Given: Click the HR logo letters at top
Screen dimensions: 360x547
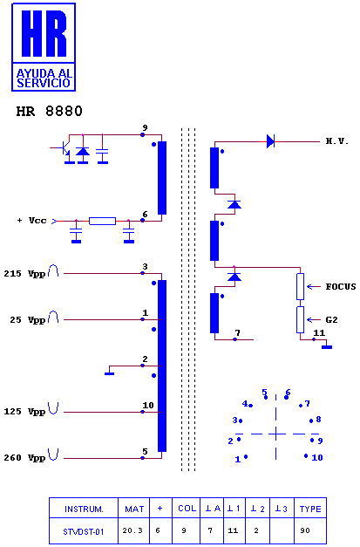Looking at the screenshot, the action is [44, 33].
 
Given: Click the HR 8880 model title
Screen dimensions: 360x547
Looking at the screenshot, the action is [49, 112].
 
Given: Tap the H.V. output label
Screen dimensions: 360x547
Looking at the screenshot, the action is [337, 141].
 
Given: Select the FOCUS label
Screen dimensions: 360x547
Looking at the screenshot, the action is [341, 287].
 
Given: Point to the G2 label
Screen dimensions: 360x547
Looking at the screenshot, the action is [331, 320].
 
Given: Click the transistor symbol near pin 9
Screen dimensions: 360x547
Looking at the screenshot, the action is [63, 148].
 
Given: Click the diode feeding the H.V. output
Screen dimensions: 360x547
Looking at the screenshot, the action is [270, 141].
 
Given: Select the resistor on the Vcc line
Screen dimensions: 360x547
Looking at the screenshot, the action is [103, 221].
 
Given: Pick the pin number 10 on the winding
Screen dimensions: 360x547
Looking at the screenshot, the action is [148, 406].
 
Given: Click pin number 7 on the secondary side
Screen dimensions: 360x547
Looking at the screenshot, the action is [237, 332].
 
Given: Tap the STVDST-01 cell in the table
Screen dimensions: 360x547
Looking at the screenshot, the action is [84, 531].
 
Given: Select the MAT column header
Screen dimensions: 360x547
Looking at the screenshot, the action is [134, 509].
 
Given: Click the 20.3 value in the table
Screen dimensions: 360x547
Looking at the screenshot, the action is [132, 530].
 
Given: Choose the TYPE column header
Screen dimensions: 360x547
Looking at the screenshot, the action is [310, 509].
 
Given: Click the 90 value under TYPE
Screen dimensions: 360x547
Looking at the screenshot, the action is [305, 530].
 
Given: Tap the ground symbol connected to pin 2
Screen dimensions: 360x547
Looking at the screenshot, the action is [110, 373].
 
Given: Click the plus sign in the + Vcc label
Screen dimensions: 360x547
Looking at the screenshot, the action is [19, 221].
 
